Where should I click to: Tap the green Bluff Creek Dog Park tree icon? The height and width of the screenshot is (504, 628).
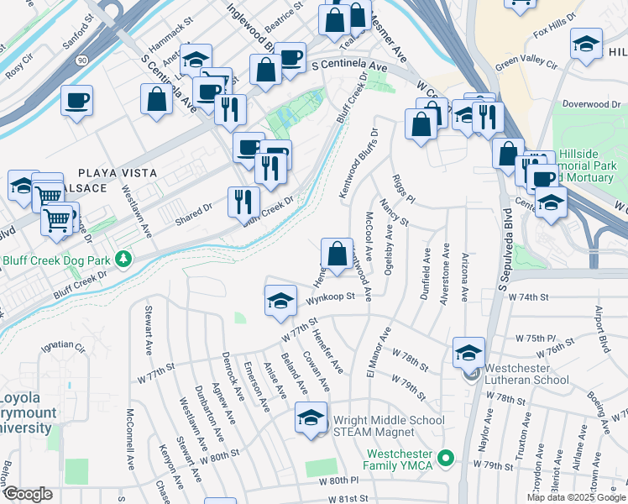tap(124, 257)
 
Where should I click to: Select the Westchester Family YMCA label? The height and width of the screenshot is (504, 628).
tap(398, 459)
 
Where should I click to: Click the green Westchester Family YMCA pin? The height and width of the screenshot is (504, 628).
tap(447, 459)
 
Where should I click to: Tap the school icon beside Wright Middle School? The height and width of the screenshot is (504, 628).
tap(311, 417)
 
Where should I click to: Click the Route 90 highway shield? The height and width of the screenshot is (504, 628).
tap(81, 60)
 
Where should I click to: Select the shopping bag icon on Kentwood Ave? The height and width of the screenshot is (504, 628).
tap(337, 254)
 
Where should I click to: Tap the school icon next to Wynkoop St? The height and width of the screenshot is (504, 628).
tap(280, 302)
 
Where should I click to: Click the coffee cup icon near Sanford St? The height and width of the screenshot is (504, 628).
tap(76, 101)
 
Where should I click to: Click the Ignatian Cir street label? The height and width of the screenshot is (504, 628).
tap(64, 345)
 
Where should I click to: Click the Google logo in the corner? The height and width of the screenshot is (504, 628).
tap(28, 494)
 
